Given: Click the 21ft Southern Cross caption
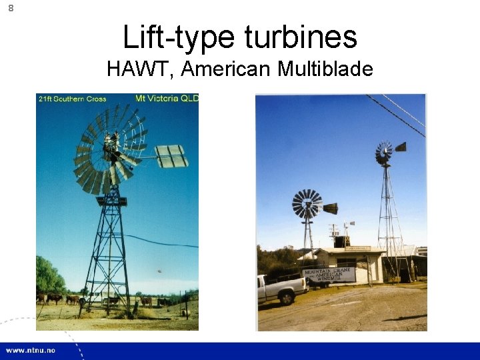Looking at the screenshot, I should click(x=72, y=99).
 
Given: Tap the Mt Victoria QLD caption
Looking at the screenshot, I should click(x=167, y=99).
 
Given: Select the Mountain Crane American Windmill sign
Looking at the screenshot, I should click(x=328, y=274).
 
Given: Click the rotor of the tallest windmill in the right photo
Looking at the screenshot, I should click(x=383, y=153).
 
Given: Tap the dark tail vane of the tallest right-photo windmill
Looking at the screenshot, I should click(x=400, y=147).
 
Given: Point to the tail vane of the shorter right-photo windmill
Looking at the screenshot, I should click(x=330, y=208).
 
